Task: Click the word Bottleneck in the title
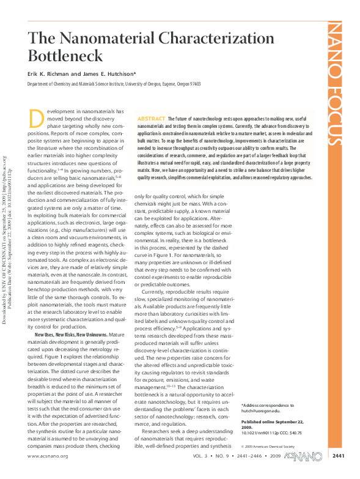(66, 57)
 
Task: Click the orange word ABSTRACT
(151, 117)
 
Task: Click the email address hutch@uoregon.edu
(262, 412)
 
